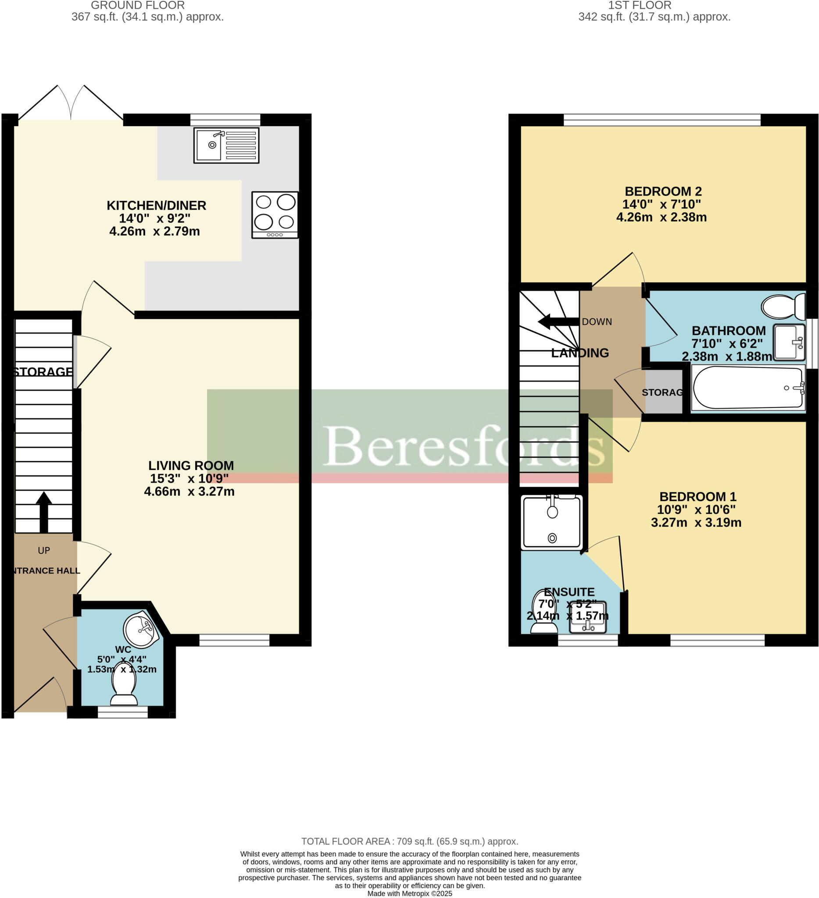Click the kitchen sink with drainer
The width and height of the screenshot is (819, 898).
(x=226, y=145)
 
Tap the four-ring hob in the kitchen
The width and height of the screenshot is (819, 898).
(x=275, y=215)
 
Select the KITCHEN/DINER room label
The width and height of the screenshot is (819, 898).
(x=157, y=205)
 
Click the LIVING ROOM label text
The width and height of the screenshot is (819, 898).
(x=191, y=466)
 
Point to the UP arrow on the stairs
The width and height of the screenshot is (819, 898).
(x=44, y=511)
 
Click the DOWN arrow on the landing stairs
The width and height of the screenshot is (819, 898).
(x=557, y=321)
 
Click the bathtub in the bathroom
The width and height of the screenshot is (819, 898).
(x=747, y=388)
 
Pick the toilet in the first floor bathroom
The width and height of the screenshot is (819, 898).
(x=783, y=306)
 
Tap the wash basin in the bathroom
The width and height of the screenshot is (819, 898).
(x=789, y=342)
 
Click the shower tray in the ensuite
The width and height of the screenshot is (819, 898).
(x=552, y=523)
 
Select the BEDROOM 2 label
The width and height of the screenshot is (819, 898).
(x=662, y=192)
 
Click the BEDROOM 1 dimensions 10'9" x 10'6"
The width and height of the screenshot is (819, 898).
(x=696, y=510)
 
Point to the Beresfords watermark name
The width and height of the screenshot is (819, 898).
(x=463, y=446)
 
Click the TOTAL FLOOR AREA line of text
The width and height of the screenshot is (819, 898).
(x=410, y=841)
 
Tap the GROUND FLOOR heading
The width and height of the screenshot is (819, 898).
(x=138, y=6)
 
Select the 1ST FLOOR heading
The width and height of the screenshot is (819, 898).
(x=640, y=6)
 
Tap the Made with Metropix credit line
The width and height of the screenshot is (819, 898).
(x=410, y=894)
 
